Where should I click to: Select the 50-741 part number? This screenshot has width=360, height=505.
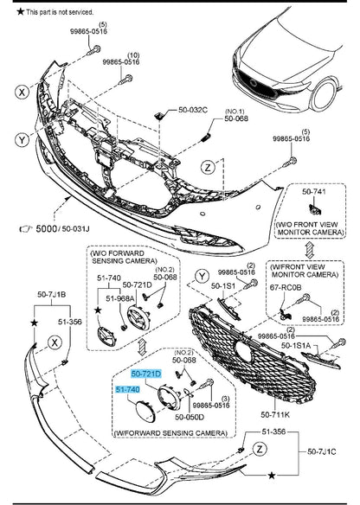pos(313,192)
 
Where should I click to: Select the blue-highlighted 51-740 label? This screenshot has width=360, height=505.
pos(127,390)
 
